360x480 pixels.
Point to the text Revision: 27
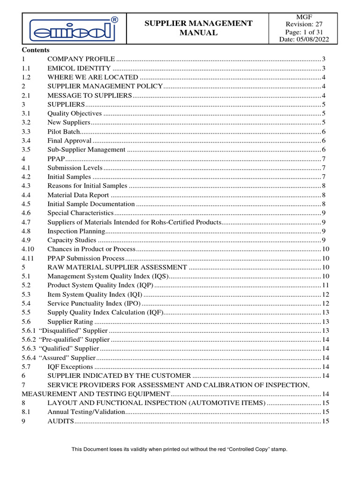(x=304, y=24)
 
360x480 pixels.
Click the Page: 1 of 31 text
(x=304, y=32)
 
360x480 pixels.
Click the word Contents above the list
(x=36, y=50)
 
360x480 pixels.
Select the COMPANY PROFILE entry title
(x=81, y=59)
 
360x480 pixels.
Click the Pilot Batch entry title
(x=63, y=132)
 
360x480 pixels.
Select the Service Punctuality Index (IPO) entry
(x=94, y=304)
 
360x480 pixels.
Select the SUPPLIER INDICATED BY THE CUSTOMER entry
(x=119, y=376)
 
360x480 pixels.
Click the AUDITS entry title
(x=60, y=421)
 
